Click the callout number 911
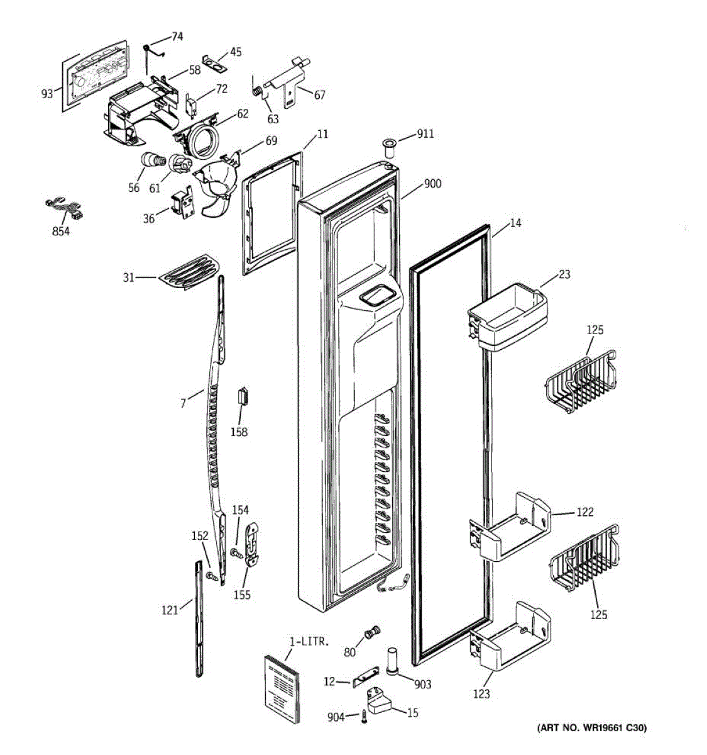click(x=425, y=134)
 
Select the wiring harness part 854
click(x=65, y=209)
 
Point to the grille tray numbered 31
click(x=190, y=272)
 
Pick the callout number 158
click(x=239, y=432)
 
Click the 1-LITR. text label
click(x=309, y=642)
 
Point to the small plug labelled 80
click(x=370, y=633)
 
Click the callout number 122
click(x=584, y=512)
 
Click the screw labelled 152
click(x=211, y=576)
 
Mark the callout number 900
click(x=433, y=184)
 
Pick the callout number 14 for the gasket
click(x=515, y=223)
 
